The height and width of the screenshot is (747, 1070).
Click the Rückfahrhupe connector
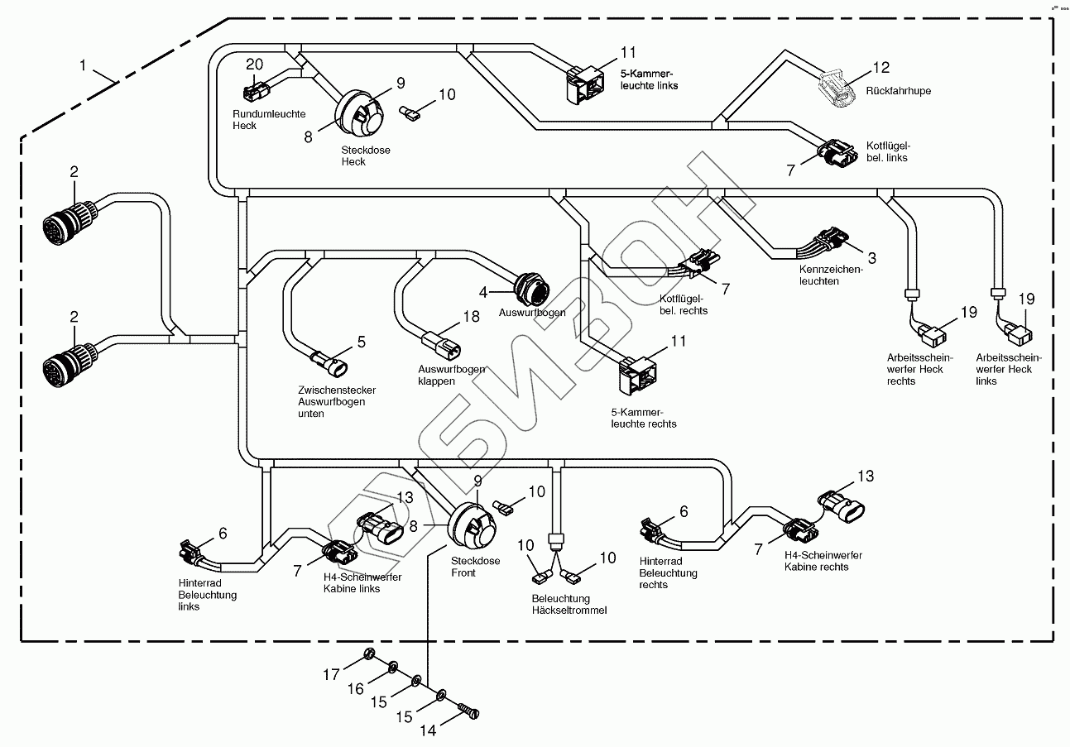837,89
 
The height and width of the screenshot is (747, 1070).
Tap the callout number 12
881,67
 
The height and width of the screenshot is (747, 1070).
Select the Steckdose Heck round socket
360,115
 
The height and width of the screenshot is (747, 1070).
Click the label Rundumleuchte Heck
257,120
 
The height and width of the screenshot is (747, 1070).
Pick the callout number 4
482,291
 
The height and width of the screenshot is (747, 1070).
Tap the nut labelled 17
370,658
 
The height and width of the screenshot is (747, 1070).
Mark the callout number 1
83,64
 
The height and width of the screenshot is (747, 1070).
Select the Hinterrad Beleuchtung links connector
192,553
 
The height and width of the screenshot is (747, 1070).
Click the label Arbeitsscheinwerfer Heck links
1008,369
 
